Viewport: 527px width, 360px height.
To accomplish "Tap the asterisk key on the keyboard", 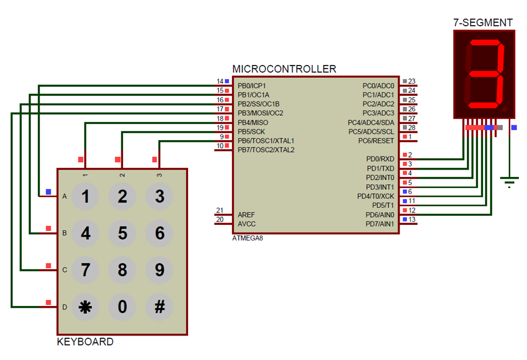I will (85, 307).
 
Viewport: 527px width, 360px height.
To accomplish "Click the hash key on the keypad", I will (160, 307).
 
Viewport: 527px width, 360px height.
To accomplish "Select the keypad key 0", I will (122, 307).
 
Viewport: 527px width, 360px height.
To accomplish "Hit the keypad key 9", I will (160, 270).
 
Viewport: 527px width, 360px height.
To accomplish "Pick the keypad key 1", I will (85, 196).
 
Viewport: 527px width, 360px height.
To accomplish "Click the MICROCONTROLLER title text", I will (284, 69).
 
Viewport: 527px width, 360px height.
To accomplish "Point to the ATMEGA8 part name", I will (248, 238).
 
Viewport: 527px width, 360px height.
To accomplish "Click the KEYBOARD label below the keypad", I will (85, 342).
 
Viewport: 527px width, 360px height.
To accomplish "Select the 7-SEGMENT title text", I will (483, 23).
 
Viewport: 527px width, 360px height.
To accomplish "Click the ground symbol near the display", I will (509, 181).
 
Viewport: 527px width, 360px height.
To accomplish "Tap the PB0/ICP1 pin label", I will (252, 86).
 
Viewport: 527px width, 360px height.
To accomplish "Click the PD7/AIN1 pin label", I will (380, 224).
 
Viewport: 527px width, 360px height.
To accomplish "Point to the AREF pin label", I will (247, 214).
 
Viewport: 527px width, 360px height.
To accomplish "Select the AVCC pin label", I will (247, 224).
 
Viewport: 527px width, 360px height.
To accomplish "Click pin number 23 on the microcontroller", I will (412, 81).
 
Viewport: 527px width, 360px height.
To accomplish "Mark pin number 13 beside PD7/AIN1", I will (412, 219).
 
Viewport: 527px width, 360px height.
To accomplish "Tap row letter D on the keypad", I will (65, 307).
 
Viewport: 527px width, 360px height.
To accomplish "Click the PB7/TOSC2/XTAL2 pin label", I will (266, 150).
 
